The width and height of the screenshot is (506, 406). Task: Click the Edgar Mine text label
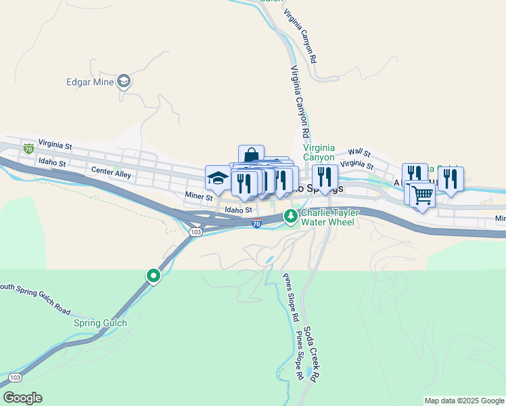click(89, 83)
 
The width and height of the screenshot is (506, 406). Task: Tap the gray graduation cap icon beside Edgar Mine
click(124, 82)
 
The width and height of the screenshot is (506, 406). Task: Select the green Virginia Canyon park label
click(319, 152)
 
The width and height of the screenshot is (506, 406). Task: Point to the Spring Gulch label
click(100, 323)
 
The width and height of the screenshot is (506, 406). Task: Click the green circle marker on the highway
click(154, 275)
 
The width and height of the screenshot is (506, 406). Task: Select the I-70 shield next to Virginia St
click(28, 148)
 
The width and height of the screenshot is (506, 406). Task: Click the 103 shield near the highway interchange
click(195, 231)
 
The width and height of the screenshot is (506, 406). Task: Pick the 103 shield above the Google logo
click(15, 377)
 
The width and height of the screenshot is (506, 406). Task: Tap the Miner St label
click(199, 196)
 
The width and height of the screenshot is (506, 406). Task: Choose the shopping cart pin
click(422, 195)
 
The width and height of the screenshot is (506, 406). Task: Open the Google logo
click(22, 398)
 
